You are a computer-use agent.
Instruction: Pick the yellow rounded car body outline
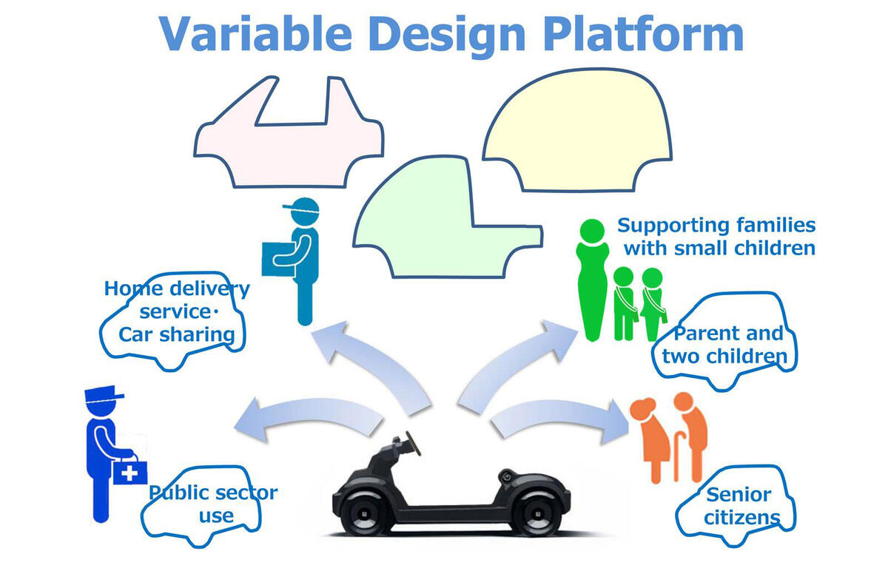tap(577, 129)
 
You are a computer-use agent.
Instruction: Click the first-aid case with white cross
tap(129, 470)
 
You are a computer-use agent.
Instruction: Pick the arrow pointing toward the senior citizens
tap(562, 422)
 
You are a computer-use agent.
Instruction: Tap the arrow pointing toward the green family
tap(518, 362)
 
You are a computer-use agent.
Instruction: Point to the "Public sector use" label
tap(213, 503)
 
